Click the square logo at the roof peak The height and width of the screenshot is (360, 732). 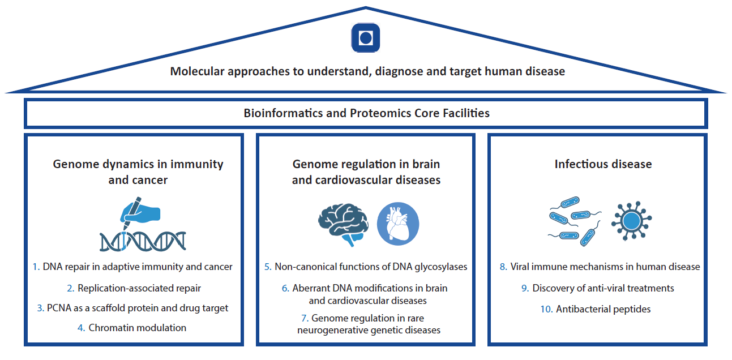(366, 38)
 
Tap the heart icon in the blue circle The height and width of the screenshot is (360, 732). (398, 224)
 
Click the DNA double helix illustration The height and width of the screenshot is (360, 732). (143, 241)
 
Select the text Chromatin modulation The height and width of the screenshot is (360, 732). (138, 328)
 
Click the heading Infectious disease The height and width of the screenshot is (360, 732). (603, 165)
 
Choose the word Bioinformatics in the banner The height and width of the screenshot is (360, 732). (280, 113)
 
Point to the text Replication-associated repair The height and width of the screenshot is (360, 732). (139, 288)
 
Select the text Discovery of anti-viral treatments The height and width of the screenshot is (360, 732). (603, 288)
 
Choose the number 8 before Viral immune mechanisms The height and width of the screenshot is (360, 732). (503, 267)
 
